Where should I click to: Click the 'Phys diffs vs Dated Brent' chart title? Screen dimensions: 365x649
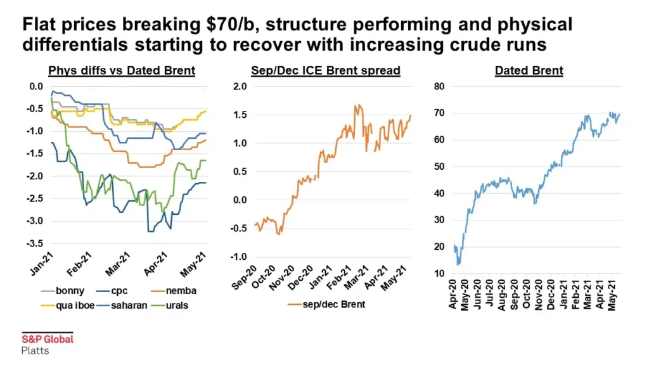tap(121, 70)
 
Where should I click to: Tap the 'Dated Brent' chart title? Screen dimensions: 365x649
tap(529, 70)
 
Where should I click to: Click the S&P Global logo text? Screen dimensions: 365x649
tap(48, 339)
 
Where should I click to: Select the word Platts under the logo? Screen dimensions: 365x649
tap(35, 350)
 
